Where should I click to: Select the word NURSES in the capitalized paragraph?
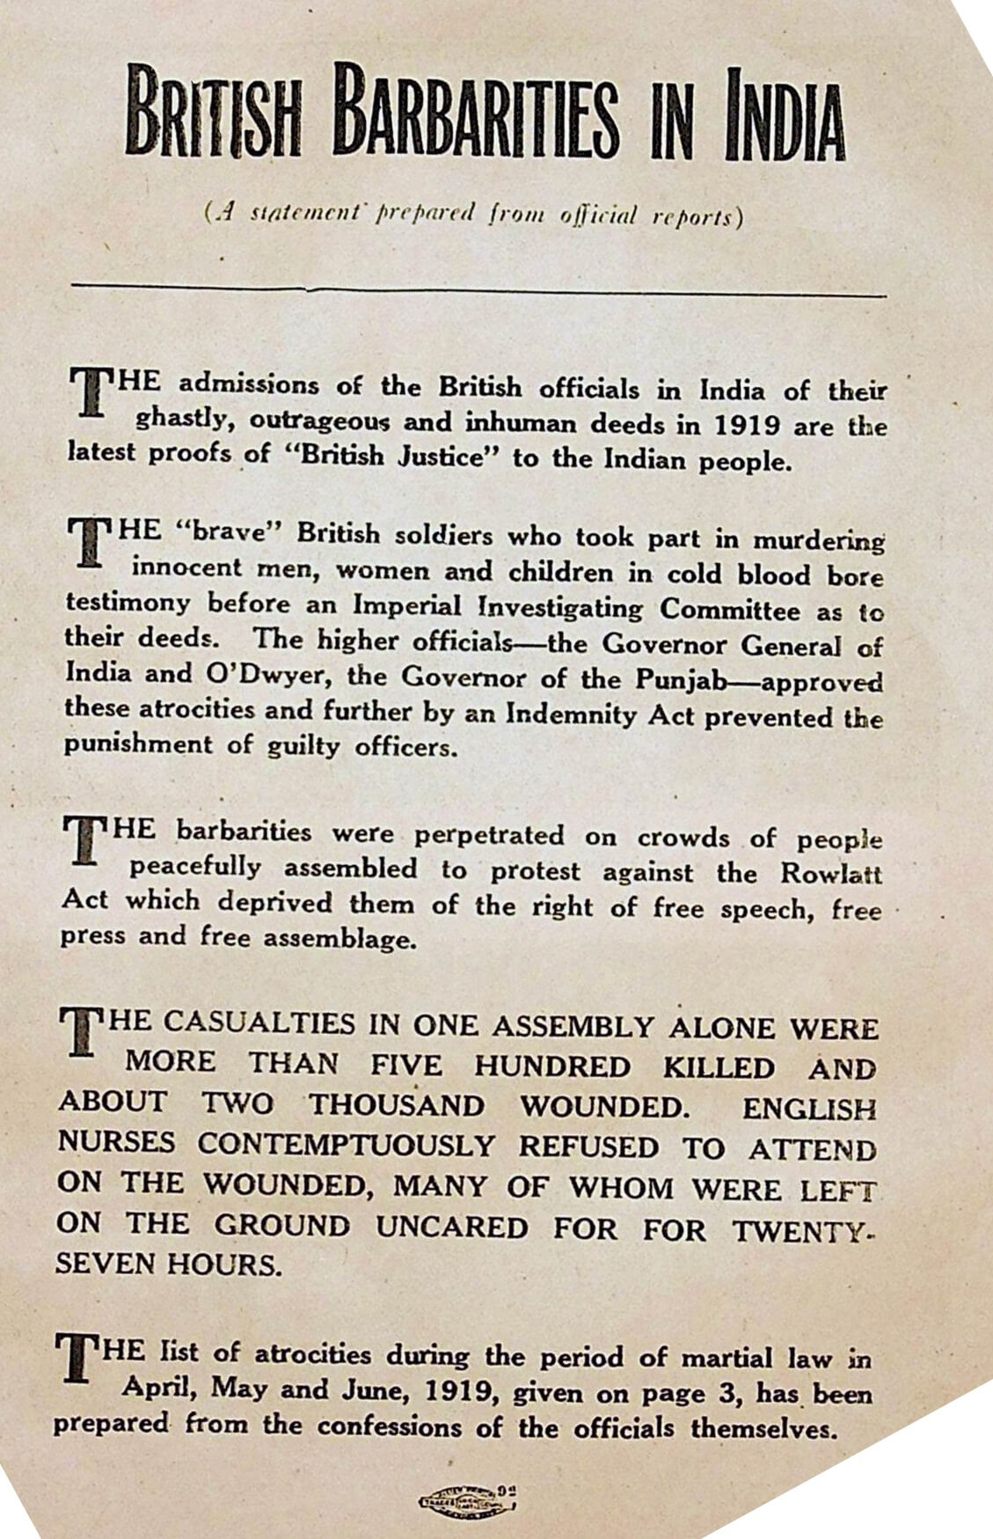click(117, 1143)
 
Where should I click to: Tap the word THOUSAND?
click(397, 1104)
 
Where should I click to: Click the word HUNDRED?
click(552, 1066)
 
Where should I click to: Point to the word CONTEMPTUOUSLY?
click(347, 1145)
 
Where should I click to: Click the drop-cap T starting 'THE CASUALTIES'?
click(80, 1032)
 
